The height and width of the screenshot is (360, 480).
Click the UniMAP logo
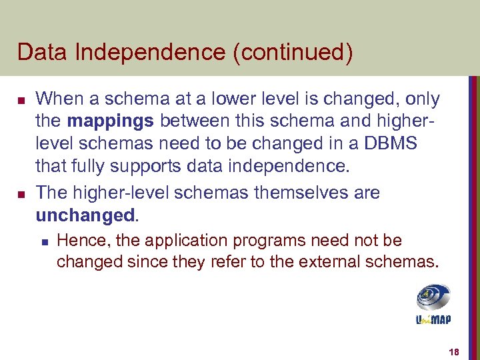coord(433,304)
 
